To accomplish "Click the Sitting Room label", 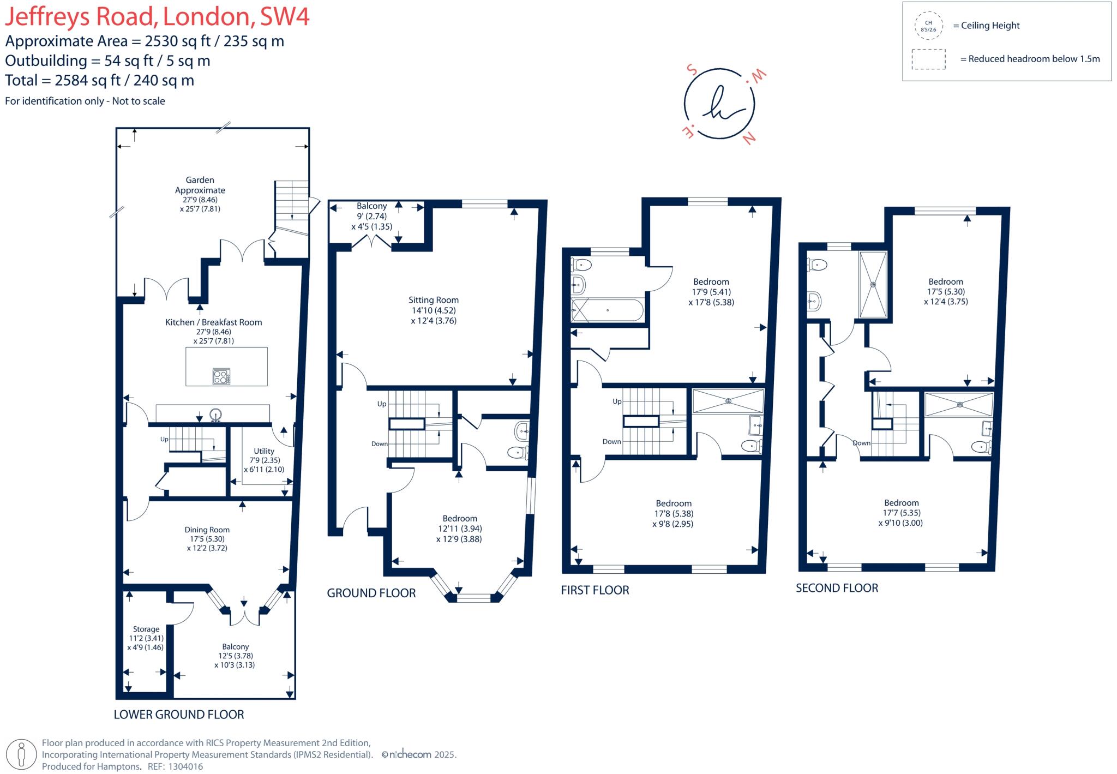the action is [x=434, y=300].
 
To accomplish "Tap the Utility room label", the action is [x=264, y=451].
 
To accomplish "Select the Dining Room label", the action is [x=207, y=530].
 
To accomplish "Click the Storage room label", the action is [x=146, y=629].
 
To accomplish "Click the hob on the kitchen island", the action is [x=221, y=376].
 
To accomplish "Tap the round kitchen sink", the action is [x=217, y=415].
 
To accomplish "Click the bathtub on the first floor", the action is [x=607, y=310].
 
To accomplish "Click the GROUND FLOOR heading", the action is [x=371, y=593].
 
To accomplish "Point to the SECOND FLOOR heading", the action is [x=837, y=588].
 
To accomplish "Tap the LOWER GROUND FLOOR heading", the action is [x=179, y=715].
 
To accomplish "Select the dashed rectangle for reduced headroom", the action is [x=929, y=59].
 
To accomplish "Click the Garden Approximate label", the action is [x=200, y=185].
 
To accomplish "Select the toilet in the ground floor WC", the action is [x=518, y=452].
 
